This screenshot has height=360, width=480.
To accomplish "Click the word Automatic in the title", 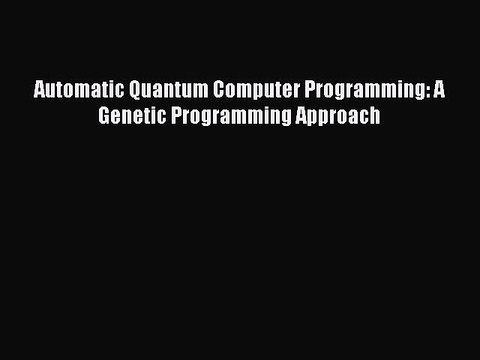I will [x=73, y=90].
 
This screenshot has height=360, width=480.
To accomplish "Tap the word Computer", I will [x=245, y=90].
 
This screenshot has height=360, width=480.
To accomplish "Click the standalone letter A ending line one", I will [x=438, y=90].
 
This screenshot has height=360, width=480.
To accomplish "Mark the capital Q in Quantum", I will [x=128, y=90].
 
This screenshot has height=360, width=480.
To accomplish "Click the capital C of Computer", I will [x=208, y=90].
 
